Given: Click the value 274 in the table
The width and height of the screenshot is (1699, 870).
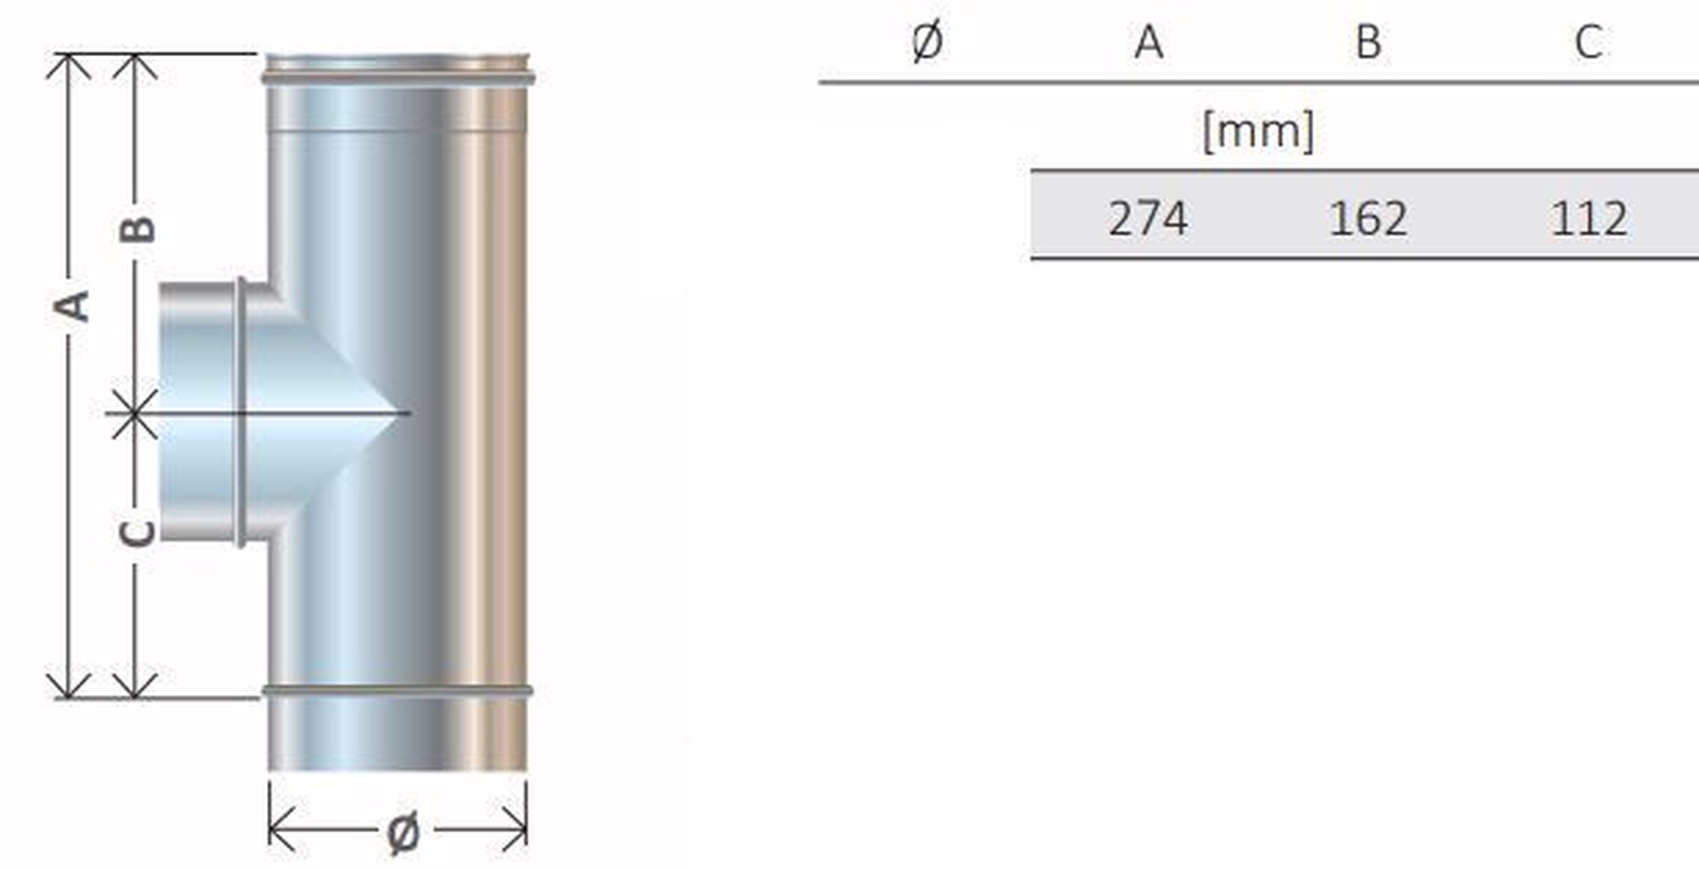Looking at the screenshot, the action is click(1148, 218).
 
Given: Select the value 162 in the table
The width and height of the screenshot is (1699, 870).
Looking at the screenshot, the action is click(1368, 218).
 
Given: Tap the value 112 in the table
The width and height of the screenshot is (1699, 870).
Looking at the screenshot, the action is click(1589, 218).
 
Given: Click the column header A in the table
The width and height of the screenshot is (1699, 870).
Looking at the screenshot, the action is click(1149, 42).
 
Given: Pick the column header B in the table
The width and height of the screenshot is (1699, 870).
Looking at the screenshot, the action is click(1368, 42).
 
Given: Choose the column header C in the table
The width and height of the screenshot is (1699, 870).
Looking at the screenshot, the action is click(1589, 42).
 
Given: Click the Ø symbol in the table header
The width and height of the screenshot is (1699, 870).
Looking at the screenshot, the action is click(927, 42).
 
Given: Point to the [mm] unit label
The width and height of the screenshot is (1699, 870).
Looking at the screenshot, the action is click(1258, 131).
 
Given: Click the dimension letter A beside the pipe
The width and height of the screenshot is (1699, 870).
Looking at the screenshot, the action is click(72, 305).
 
